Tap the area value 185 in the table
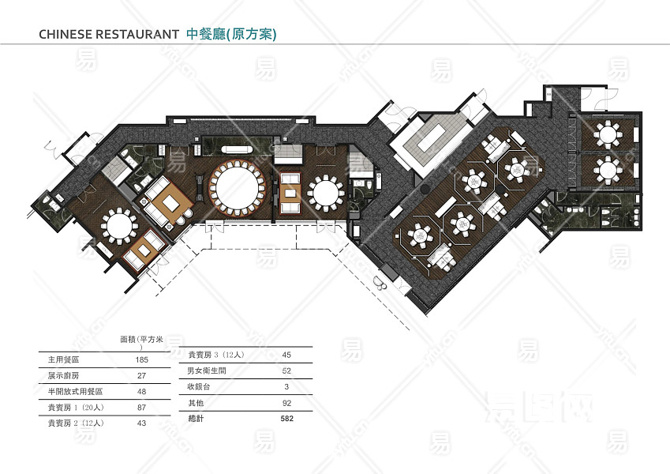coord(142,359)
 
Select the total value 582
coord(286,419)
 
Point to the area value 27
coord(142,375)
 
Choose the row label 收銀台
coord(199,387)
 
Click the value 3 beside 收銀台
coord(286,387)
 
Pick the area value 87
coord(142,407)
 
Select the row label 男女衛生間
coord(206,371)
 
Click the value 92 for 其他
coord(286,403)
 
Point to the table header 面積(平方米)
coord(141,339)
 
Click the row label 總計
coord(196,419)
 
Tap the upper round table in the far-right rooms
coord(607,134)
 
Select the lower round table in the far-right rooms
coord(607,167)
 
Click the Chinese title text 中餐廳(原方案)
coord(231,34)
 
